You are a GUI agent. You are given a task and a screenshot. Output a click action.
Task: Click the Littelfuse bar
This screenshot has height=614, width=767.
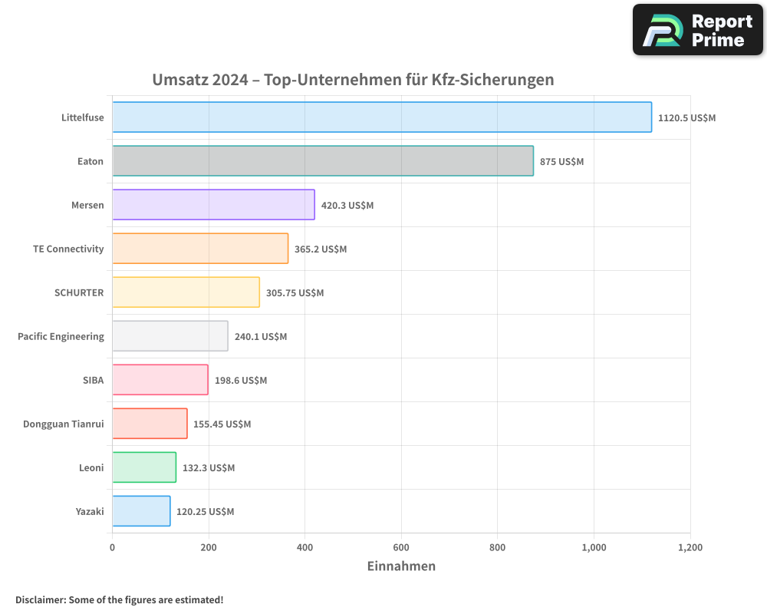[382, 117]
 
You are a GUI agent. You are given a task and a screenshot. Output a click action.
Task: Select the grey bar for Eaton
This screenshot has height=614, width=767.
[323, 161]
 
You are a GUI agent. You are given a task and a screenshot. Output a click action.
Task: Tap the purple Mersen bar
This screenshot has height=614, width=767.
[213, 205]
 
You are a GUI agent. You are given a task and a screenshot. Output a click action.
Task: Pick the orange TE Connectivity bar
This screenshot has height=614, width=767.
[200, 249]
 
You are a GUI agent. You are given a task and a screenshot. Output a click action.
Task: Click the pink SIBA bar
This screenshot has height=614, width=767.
[160, 380]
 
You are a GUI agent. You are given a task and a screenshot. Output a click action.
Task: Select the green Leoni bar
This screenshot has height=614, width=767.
[144, 467]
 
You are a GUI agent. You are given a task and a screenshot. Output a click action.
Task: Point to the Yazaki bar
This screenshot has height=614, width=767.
[141, 511]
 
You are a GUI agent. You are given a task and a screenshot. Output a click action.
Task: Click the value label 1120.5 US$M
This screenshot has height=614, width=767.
[686, 118]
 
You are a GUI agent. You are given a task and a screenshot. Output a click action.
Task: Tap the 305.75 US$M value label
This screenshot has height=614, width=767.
[295, 293]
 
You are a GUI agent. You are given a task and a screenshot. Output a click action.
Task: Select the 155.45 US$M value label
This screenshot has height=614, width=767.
[222, 424]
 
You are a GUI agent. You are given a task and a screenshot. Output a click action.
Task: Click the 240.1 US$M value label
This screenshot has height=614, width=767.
[260, 337]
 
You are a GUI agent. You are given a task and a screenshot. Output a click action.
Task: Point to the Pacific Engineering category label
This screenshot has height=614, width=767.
[61, 336]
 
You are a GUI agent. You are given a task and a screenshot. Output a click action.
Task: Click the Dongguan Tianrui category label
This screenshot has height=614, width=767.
[63, 424]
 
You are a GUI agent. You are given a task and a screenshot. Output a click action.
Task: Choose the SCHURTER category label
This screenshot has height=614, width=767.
[79, 292]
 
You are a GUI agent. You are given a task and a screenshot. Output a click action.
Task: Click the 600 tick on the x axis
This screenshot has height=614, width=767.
[401, 547]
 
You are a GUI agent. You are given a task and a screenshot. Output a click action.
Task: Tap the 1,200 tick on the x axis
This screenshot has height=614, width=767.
[690, 547]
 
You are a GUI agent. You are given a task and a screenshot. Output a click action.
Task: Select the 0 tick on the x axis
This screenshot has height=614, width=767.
[113, 547]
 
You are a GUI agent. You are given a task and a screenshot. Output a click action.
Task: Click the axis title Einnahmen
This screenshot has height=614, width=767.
[401, 566]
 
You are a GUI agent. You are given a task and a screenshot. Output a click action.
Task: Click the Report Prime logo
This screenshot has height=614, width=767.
[697, 30]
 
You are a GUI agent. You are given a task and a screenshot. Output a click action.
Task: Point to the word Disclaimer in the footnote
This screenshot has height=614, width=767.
[39, 599]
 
